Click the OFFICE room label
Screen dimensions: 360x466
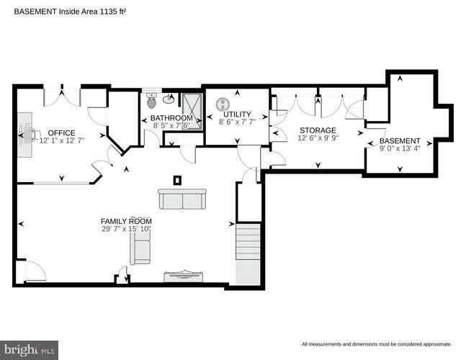point(61,132)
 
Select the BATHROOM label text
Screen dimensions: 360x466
point(171,117)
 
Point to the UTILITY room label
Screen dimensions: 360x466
point(237,114)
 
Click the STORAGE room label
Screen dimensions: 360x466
point(318,130)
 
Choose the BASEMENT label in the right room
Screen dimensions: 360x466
point(400,140)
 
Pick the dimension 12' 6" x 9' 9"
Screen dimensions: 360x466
point(318,138)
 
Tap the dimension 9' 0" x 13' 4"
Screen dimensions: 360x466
point(400,148)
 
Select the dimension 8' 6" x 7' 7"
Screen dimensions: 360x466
point(237,122)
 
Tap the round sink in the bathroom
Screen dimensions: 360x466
point(169,100)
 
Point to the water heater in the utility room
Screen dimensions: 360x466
point(223,104)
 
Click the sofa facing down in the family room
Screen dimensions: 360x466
point(182,199)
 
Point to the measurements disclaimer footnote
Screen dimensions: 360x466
point(377,344)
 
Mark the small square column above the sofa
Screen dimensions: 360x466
point(177,180)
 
